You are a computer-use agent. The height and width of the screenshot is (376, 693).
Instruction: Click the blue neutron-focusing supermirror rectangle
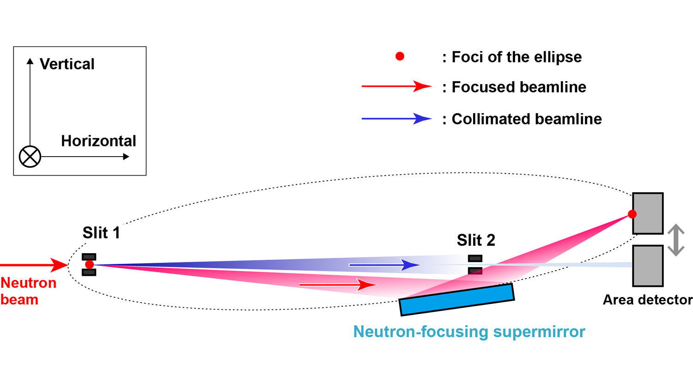tap(456, 300)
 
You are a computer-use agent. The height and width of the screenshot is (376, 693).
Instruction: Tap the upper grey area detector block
tap(648, 213)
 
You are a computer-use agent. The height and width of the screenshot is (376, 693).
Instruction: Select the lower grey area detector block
tap(648, 266)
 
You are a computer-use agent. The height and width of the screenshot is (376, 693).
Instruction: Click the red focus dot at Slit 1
tap(90, 265)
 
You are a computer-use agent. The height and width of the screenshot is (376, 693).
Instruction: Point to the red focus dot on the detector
tap(632, 214)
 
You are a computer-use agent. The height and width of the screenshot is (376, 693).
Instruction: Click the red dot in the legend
tap(400, 56)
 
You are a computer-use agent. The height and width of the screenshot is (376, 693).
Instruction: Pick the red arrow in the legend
tap(396, 86)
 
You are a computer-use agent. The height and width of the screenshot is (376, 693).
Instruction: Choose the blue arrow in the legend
tap(396, 119)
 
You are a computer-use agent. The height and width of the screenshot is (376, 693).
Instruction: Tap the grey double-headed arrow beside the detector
tap(676, 240)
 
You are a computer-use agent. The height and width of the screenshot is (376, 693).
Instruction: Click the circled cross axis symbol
tap(30, 157)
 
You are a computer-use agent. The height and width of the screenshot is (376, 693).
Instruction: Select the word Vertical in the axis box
tap(67, 64)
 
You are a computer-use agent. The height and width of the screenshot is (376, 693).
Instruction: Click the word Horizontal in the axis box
tap(98, 141)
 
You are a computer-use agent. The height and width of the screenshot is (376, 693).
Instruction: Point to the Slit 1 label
tap(101, 233)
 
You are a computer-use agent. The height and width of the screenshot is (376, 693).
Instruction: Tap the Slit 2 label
tap(476, 240)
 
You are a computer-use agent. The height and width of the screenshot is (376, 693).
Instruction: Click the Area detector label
tap(647, 300)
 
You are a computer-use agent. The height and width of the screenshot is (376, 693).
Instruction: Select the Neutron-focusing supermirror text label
tap(469, 332)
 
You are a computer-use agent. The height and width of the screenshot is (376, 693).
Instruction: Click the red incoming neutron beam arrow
tap(35, 265)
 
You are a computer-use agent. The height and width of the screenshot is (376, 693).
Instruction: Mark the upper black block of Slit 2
tap(475, 258)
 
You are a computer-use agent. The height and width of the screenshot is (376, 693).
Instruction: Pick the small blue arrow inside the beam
tap(383, 265)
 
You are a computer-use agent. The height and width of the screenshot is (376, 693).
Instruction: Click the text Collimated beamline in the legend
tap(527, 119)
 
